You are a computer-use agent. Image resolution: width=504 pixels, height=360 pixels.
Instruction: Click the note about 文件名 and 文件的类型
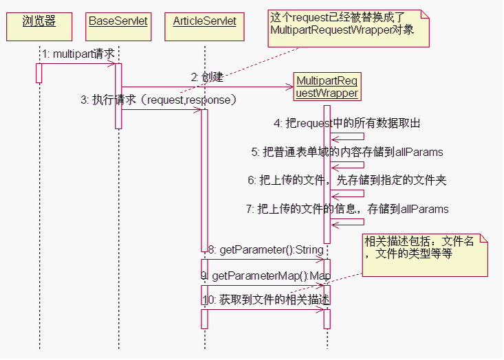425,254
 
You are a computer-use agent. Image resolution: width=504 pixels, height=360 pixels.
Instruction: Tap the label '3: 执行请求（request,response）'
159,100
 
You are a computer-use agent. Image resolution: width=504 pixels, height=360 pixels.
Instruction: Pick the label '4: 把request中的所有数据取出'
347,124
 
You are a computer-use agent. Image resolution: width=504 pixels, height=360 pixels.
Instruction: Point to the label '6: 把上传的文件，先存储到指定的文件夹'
347,181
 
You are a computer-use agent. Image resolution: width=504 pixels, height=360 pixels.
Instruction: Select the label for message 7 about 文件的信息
347,209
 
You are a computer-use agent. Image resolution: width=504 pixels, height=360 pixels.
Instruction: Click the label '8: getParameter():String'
265,249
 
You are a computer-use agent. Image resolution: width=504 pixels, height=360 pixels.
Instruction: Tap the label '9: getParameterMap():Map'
265,275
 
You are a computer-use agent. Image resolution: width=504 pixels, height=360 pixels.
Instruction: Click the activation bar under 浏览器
39,73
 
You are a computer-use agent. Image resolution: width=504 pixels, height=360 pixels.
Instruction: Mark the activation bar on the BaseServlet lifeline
118,96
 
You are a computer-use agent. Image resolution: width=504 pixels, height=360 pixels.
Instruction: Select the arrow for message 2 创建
206,87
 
